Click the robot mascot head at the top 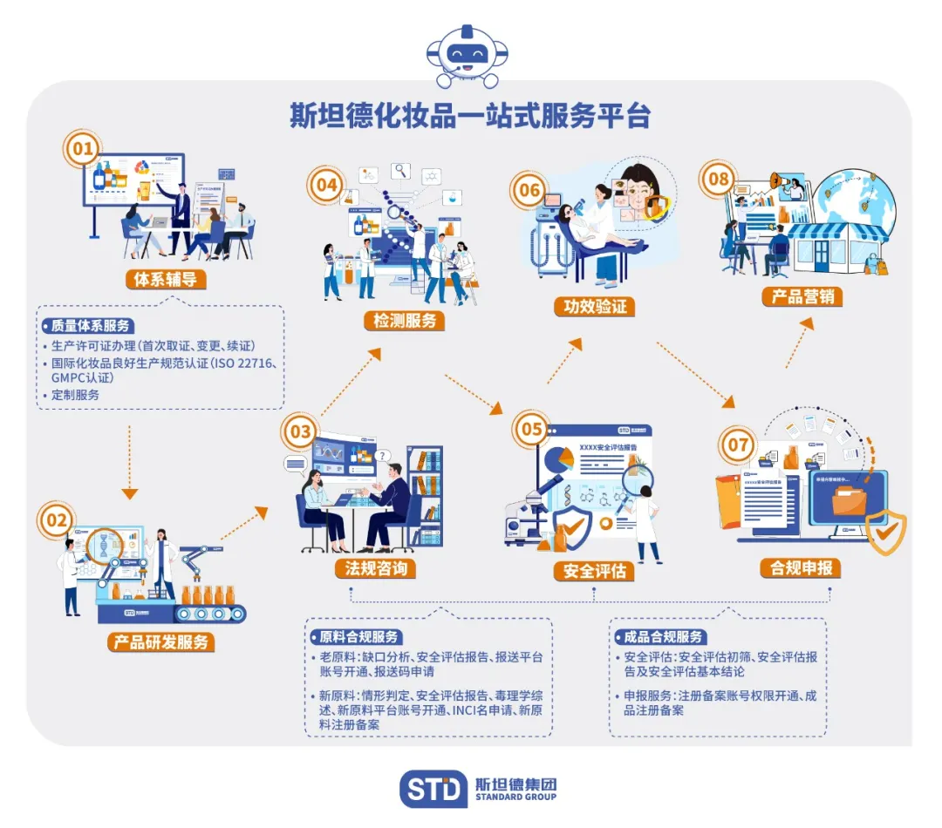point(470,54)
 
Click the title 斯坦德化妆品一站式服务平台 point(470,116)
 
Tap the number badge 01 point(82,149)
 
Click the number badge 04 point(326,185)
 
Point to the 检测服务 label point(404,320)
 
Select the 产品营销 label point(802,295)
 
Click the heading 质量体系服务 point(88,326)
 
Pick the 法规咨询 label point(375,568)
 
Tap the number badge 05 point(531,428)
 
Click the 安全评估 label point(594,572)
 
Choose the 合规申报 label point(800,567)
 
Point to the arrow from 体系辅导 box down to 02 point(129,462)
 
